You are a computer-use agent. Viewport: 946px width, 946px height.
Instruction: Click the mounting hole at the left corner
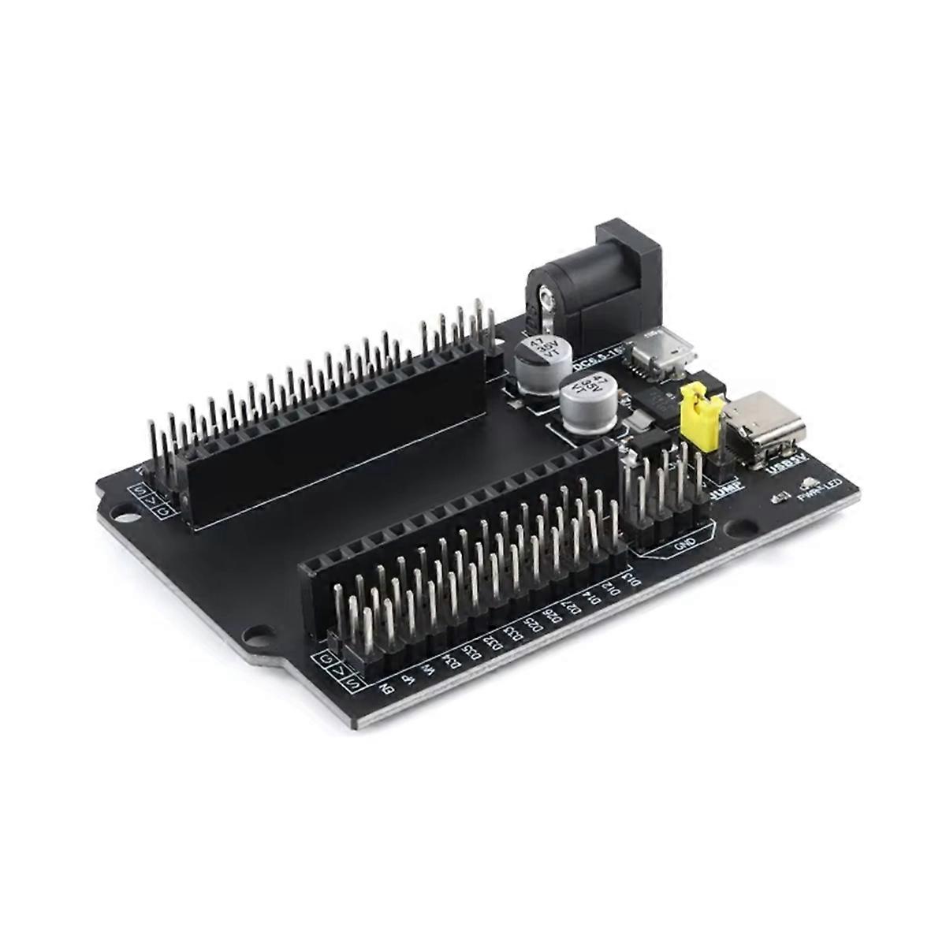tap(124, 518)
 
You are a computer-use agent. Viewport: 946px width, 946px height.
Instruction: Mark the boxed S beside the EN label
tap(352, 683)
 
